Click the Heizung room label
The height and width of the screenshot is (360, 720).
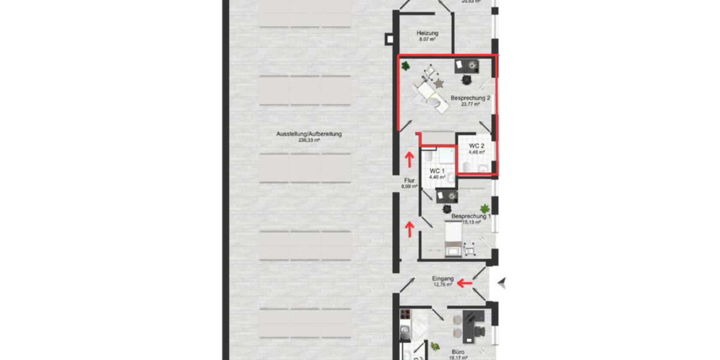click(428, 33)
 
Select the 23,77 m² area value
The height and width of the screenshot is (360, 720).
click(470, 104)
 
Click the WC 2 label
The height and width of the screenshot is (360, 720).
click(477, 146)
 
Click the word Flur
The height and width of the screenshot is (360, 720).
click(409, 179)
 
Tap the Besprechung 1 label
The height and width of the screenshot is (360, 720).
click(471, 216)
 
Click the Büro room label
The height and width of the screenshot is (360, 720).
click(458, 352)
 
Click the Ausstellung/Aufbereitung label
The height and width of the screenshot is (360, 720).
click(309, 134)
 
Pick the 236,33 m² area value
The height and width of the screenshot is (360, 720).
click(309, 140)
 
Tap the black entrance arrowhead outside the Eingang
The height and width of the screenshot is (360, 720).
click(502, 281)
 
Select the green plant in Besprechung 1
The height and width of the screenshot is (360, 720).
click(485, 209)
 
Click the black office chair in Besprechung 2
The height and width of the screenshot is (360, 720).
click(466, 79)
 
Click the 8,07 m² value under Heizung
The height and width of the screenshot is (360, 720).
click(428, 40)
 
